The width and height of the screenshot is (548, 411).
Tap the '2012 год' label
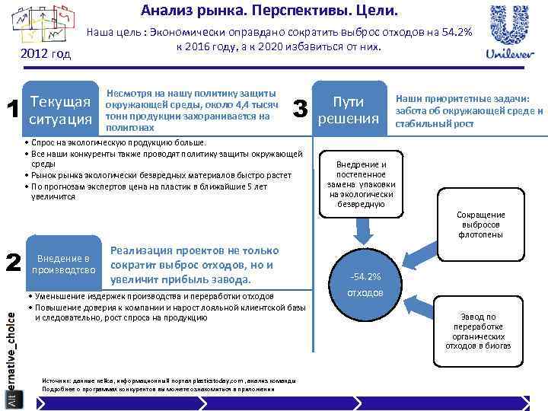[47, 54]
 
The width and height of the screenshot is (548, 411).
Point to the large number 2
[12, 263]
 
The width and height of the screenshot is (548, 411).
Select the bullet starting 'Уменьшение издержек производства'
[152, 296]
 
